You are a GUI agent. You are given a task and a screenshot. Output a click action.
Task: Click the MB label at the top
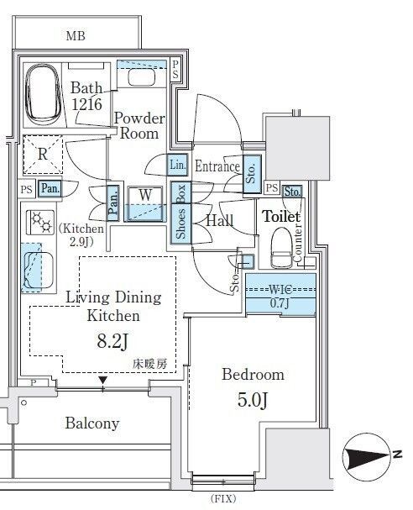76,35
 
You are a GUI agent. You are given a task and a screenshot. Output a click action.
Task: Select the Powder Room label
139,126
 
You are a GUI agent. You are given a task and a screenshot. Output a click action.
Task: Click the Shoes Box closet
180,213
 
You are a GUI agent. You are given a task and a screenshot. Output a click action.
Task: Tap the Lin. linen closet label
178,165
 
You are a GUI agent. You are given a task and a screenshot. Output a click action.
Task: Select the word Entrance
217,166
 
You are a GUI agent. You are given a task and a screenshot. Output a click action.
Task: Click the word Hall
220,221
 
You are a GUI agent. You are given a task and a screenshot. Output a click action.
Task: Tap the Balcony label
91,423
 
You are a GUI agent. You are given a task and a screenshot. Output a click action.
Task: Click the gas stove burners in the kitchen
38,222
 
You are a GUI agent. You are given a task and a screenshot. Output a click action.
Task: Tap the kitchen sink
36,266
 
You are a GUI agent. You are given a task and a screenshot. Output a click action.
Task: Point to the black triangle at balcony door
102,381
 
